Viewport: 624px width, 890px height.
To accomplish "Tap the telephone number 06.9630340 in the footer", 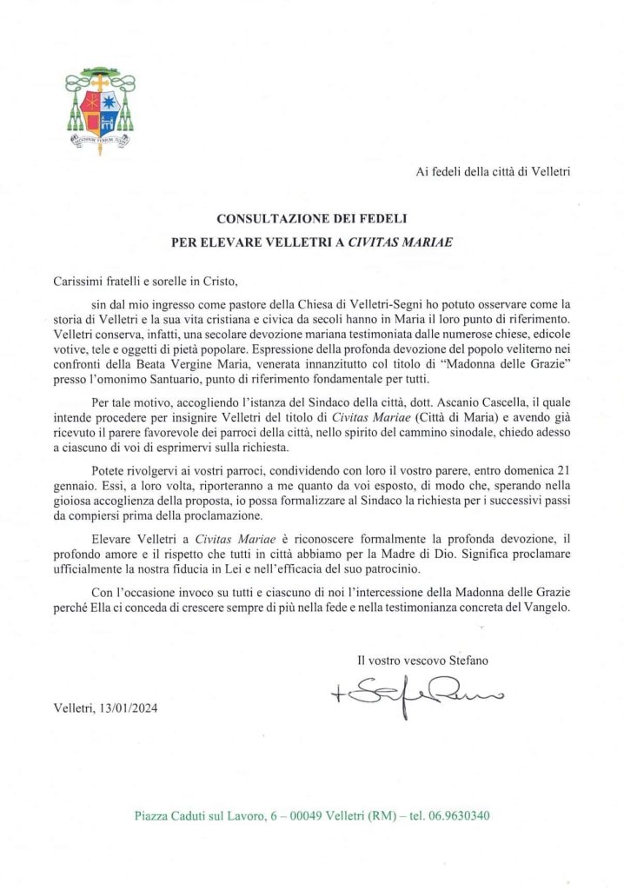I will coord(461,816).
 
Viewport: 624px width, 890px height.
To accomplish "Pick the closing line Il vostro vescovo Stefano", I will coord(422,661).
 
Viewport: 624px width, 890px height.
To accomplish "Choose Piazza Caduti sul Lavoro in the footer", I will coord(190,816).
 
